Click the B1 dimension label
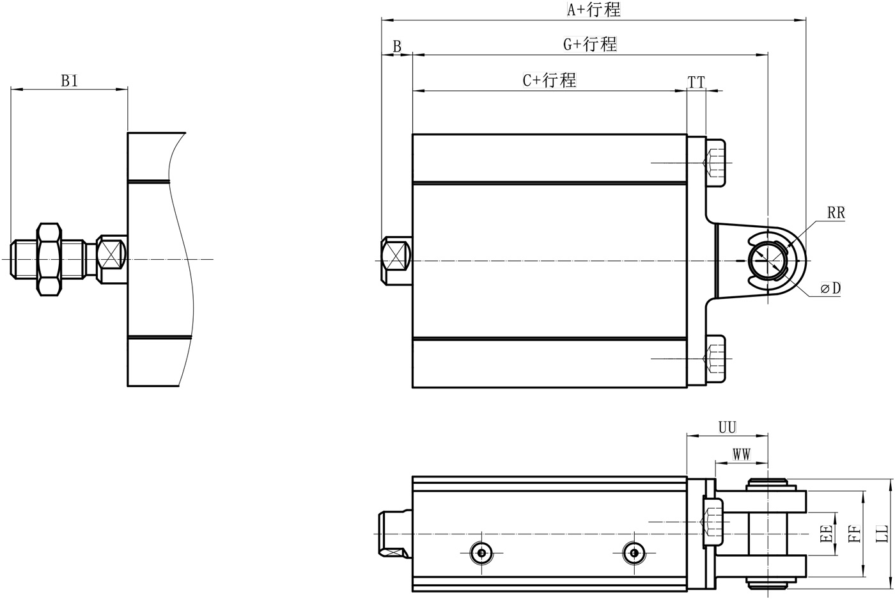(x=69, y=81)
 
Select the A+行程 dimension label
(x=594, y=10)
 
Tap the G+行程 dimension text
(x=589, y=44)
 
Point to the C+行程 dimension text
(x=549, y=80)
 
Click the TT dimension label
(x=696, y=82)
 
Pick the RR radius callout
(x=836, y=213)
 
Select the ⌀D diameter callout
(x=831, y=289)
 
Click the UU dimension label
(x=728, y=427)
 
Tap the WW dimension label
(x=742, y=455)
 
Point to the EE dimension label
(x=826, y=534)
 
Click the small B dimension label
(x=397, y=47)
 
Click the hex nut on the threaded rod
(x=49, y=259)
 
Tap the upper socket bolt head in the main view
(x=716, y=163)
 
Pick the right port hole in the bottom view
(x=634, y=552)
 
